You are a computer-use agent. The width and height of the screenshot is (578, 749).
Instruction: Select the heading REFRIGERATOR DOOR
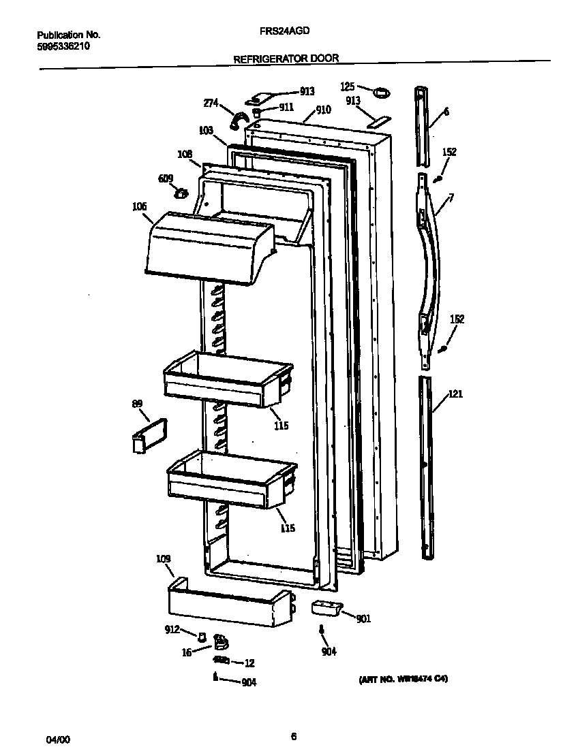(286, 59)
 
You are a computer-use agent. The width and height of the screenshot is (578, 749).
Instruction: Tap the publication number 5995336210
(63, 46)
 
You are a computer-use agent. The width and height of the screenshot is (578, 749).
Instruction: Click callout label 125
(348, 86)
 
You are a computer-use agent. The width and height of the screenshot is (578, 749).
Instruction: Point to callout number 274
(211, 103)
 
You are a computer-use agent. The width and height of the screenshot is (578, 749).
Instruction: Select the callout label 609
(166, 178)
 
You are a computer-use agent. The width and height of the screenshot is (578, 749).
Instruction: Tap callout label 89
(137, 404)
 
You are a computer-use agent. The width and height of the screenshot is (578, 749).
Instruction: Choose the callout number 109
(163, 559)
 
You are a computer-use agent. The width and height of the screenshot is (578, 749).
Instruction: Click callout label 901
(363, 619)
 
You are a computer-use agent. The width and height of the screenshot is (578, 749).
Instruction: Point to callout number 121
(455, 394)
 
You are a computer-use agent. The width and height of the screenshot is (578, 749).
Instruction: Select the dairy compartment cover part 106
(204, 245)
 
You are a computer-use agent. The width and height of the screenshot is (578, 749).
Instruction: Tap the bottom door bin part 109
(228, 603)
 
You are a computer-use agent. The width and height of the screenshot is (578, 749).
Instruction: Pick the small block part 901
(325, 608)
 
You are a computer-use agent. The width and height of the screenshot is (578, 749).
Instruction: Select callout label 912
(171, 630)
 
